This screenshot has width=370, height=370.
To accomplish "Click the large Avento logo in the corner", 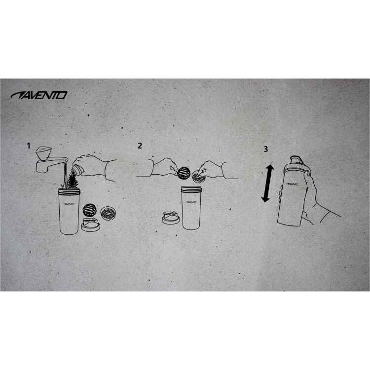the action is tap(39, 95).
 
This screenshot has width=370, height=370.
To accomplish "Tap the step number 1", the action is tap(29, 146).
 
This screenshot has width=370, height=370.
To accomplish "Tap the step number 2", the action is tap(140, 146).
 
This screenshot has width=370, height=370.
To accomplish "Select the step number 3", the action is tap(266, 149).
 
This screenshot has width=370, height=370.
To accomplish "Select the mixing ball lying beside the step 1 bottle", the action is tap(90, 210).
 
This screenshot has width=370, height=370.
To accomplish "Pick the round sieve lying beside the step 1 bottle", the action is tap(109, 213).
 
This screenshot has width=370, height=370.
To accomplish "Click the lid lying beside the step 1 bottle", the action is tap(91, 224).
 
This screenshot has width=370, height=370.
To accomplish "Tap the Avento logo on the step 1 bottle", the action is tap(69, 204).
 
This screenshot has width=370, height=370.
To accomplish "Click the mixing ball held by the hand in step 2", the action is tap(184, 173).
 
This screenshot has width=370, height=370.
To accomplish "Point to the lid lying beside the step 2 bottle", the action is tap(171, 218).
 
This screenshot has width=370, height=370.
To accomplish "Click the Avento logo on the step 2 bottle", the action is tap(191, 202).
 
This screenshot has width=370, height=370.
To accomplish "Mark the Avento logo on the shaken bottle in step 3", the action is tap(293, 184).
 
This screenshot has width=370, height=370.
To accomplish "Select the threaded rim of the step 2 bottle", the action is tap(191, 188).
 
